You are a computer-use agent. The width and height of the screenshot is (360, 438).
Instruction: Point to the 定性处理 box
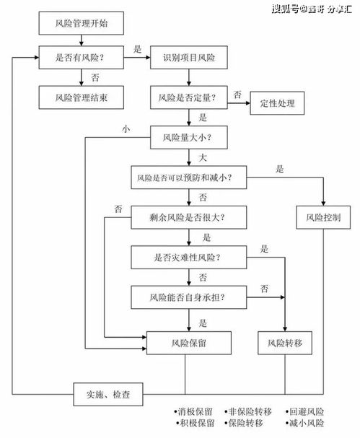(278, 104)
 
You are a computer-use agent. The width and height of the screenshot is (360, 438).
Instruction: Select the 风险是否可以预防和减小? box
(189, 176)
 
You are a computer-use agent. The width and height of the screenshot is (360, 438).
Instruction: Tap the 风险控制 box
(322, 216)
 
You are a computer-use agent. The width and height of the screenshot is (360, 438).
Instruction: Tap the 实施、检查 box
(109, 394)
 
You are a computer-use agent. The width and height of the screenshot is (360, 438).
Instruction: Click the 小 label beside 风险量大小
(127, 129)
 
